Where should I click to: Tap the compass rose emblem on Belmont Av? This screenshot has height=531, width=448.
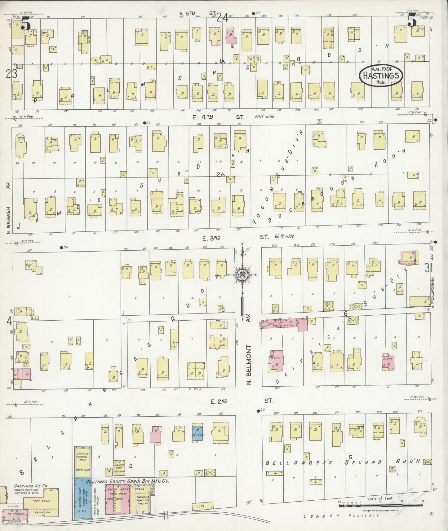[242, 274]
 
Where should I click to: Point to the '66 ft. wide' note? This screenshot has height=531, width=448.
[284, 236]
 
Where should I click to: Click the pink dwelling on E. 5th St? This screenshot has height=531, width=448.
[231, 37]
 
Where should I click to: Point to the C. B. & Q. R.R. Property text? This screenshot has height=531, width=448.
[341, 516]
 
